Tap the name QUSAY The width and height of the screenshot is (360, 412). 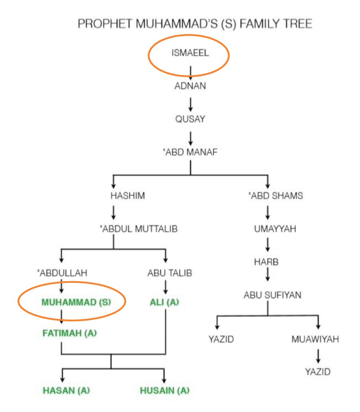tap(190, 119)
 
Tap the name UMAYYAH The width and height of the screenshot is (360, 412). tap(275, 229)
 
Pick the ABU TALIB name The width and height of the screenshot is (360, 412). tap(169, 273)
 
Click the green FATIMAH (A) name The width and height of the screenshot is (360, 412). tap(70, 333)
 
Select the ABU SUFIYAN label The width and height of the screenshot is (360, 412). tap(272, 295)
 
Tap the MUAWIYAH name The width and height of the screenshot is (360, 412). tap(315, 339)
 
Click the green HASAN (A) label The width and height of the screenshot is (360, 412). tap(66, 390)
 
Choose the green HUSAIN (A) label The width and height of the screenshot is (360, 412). tap(165, 390)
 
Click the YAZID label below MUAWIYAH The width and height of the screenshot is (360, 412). tap(317, 371)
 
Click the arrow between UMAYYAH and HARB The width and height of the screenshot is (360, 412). tap(267, 245)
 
